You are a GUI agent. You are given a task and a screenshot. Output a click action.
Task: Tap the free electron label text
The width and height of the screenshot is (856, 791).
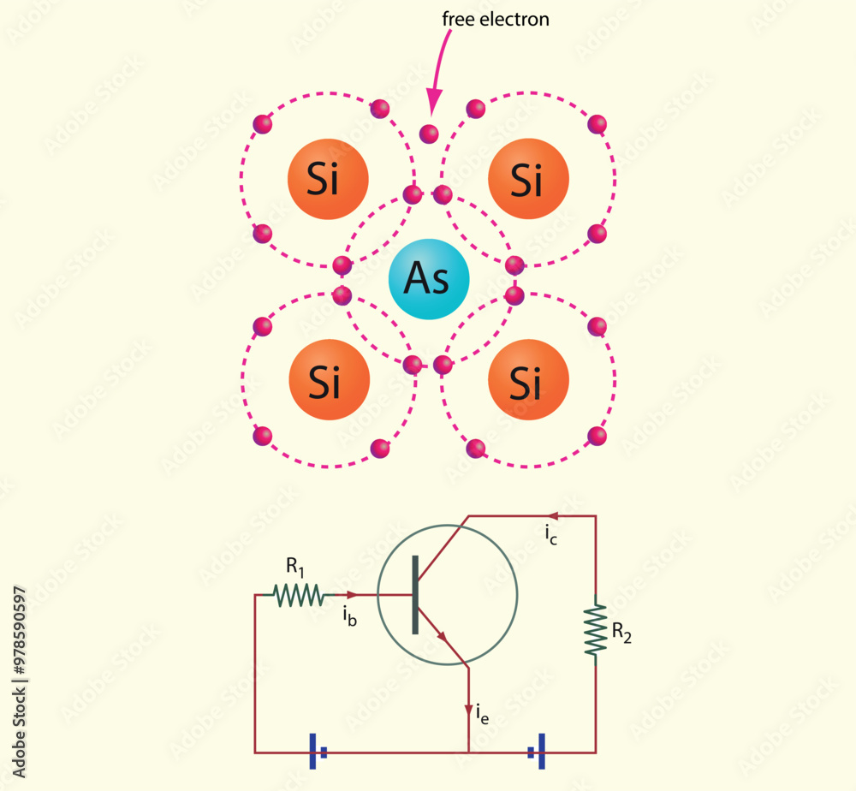495,20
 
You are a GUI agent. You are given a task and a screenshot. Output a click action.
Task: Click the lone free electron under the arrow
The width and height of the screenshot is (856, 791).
429,134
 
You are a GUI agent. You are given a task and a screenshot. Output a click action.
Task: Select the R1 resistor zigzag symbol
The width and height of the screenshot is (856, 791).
298,594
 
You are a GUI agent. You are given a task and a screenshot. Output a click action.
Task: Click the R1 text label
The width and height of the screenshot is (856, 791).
295,566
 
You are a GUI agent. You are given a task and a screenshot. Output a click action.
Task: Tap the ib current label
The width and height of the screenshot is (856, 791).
348,616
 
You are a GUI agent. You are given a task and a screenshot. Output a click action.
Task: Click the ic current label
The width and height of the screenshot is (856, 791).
550,535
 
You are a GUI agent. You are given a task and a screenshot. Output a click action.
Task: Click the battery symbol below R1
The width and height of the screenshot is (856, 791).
317,752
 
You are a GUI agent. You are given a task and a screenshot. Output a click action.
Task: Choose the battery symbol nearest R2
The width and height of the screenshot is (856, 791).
537,752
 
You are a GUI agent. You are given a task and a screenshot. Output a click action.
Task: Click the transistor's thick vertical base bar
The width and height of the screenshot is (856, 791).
416,595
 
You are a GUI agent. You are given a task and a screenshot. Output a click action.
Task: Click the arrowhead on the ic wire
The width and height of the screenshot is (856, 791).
553,516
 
